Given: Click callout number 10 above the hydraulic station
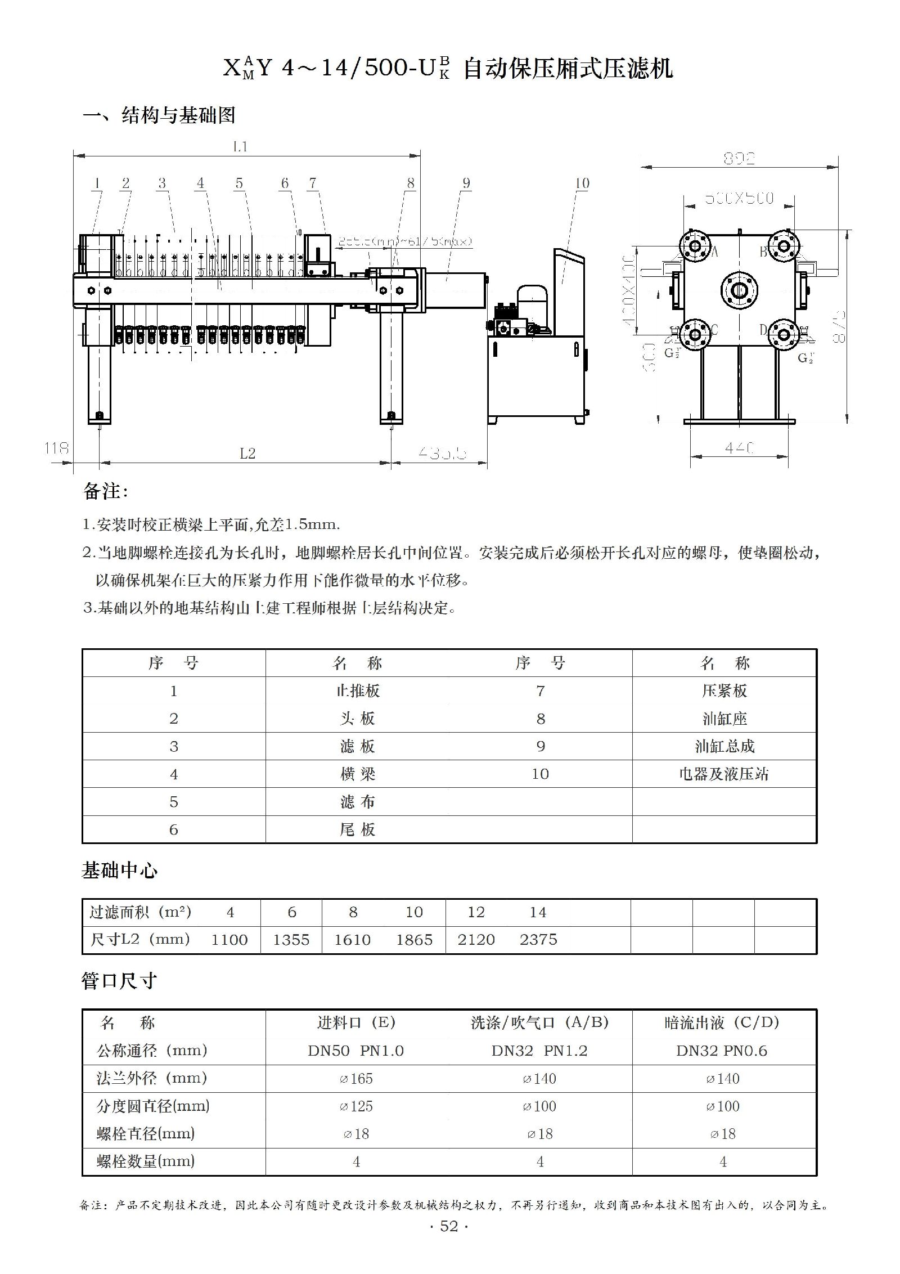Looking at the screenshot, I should (582, 183).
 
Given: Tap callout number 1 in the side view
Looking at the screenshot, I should (97, 183).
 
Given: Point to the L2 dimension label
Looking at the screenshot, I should (247, 454).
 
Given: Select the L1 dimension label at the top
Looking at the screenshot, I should (240, 147).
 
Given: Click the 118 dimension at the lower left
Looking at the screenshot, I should (56, 448).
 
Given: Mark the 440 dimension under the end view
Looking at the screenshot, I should (739, 448).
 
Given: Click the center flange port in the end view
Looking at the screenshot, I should (739, 290).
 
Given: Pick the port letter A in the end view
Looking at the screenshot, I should (715, 252).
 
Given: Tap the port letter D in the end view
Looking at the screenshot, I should (763, 330).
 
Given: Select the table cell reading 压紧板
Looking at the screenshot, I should (724, 690).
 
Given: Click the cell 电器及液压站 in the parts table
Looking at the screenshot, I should (724, 774).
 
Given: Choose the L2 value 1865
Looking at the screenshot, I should (414, 940).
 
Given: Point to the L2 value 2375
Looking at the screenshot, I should (538, 940).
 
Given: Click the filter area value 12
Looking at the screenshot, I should (476, 912).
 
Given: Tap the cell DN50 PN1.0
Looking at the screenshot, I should (355, 1051).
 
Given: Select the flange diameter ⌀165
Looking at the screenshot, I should (355, 1079).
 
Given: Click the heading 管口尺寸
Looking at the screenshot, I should (119, 981).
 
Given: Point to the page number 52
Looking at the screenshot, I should (449, 1227).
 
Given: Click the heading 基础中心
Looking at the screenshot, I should (119, 871).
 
